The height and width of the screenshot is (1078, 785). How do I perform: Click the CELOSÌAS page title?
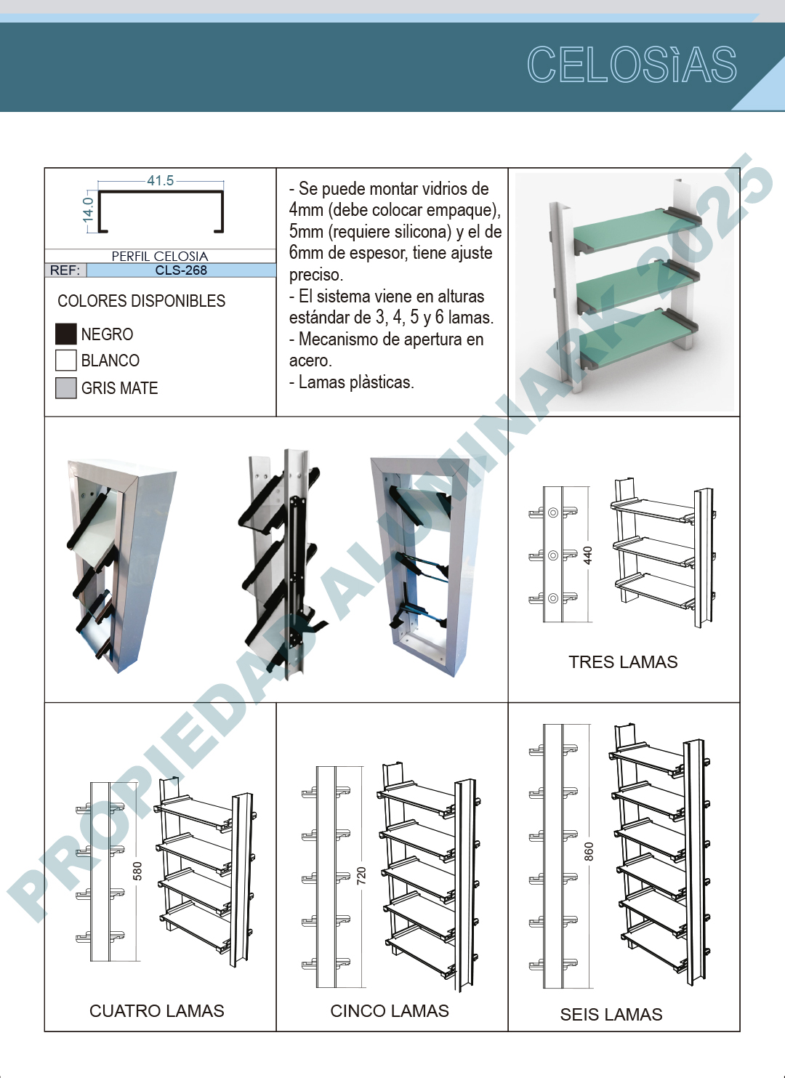coord(632,65)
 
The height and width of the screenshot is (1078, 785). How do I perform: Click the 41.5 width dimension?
coord(161,180)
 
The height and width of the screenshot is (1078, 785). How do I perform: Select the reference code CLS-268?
coord(181,270)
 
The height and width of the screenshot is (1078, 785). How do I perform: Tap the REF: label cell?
coord(65,270)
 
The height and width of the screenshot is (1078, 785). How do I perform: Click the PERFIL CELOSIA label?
coord(160,256)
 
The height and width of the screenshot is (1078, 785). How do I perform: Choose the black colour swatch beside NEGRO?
coord(66,334)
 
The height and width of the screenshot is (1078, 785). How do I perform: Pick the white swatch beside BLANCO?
coord(66,361)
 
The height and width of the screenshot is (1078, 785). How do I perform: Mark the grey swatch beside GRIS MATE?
coord(66,387)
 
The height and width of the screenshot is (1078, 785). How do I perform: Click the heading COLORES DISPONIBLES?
coord(142,301)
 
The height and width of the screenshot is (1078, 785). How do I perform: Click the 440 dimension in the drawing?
coord(587,555)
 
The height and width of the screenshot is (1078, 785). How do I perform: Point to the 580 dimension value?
coord(137,871)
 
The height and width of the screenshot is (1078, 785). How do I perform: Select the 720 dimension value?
coord(361,876)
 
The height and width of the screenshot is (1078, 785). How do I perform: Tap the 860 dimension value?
coord(589,851)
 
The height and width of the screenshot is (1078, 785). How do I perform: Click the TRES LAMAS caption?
coord(623,662)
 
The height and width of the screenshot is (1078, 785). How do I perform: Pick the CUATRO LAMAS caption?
coord(156,1011)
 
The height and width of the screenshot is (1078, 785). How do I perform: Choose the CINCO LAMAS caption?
coord(390,1011)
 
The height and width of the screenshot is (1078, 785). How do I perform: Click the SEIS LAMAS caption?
coord(611,1015)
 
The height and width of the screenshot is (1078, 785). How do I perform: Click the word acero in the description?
coord(310,361)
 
